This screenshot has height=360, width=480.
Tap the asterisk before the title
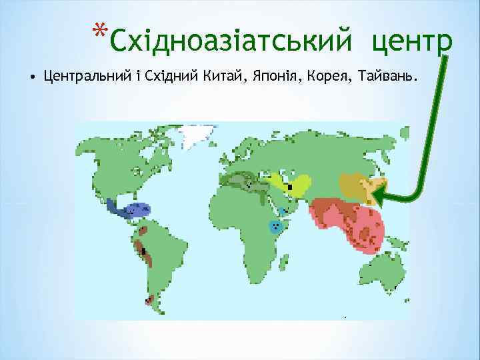pos(100,33)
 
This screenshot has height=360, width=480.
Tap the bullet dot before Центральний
pos(32,78)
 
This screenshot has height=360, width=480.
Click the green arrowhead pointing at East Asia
pos(379,195)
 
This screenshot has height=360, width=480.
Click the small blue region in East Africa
pos(275,225)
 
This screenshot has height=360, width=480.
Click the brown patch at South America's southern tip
pos(153,303)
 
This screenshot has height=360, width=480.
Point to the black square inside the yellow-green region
pos(289,187)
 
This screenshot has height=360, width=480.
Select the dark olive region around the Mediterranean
pos(243,181)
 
